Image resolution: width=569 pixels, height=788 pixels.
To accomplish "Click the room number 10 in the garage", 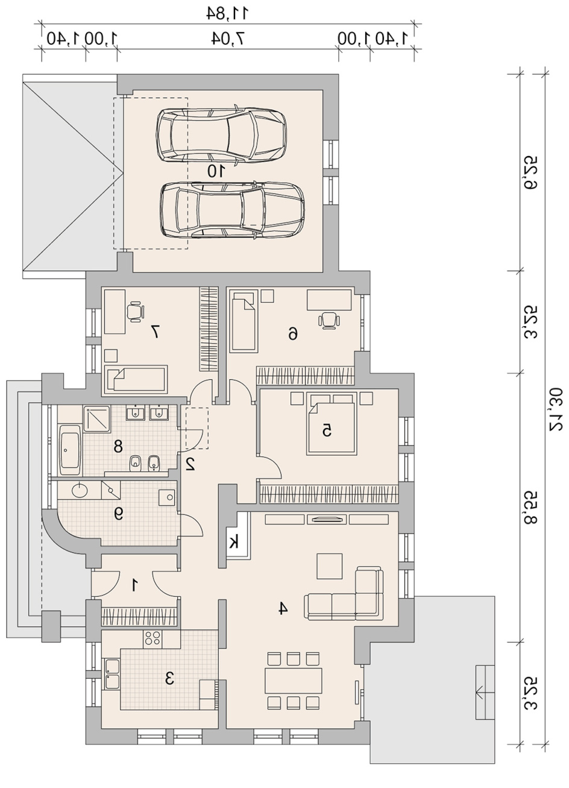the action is click(216, 171).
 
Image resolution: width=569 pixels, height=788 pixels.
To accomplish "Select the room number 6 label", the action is click(292, 333).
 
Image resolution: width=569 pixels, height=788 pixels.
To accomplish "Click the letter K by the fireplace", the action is click(233, 543).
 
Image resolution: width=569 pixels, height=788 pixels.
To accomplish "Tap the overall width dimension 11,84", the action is click(227, 13).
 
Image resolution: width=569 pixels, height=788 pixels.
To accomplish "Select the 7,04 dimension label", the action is click(228, 39).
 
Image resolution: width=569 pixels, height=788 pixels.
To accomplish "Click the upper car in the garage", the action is click(221, 135).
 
